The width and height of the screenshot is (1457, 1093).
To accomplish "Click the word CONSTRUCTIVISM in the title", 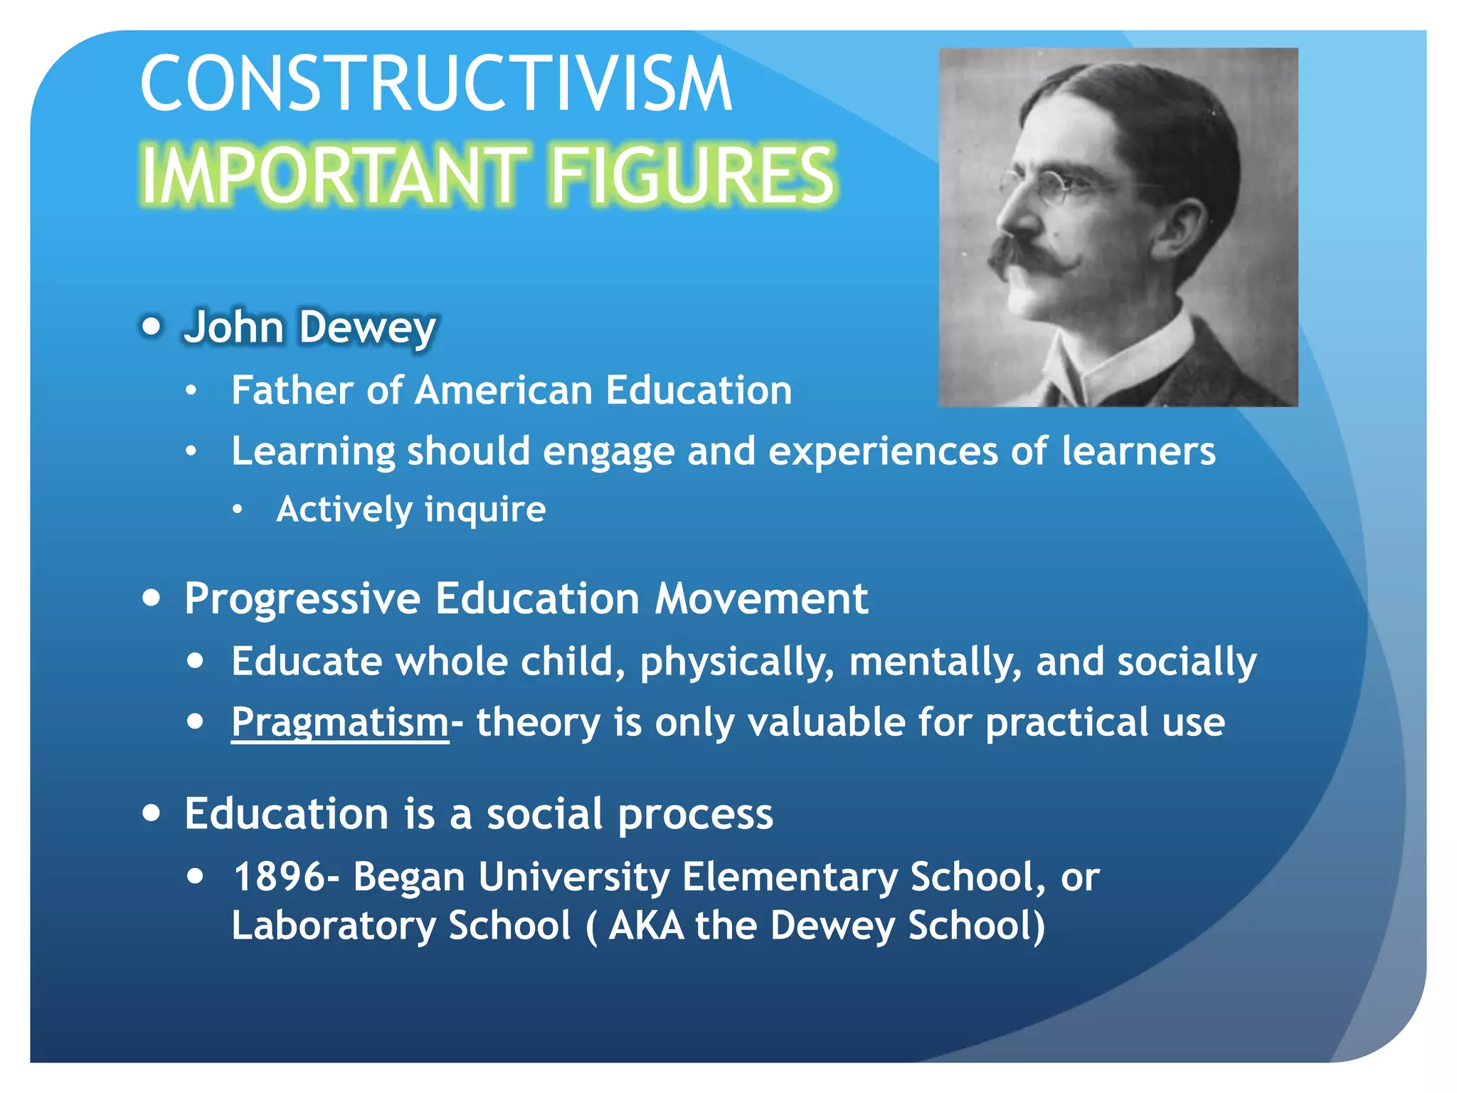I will (x=435, y=84).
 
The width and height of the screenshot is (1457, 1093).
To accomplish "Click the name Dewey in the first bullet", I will (x=367, y=328).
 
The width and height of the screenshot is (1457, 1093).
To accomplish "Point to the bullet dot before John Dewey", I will (x=152, y=327).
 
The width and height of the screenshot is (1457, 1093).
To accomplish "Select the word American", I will (x=504, y=391).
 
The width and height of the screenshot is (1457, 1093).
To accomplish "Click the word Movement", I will (x=761, y=598).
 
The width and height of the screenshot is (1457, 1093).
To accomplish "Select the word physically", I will (x=737, y=662).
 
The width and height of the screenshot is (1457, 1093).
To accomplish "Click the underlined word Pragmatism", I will (x=340, y=723).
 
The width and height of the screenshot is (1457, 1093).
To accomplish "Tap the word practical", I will (x=1066, y=722).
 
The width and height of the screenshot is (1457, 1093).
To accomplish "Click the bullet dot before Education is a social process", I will (x=152, y=813).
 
